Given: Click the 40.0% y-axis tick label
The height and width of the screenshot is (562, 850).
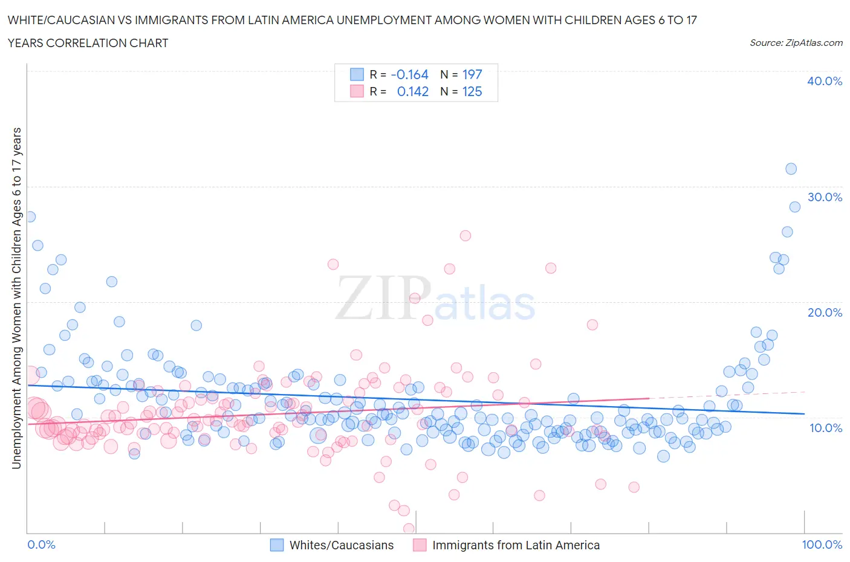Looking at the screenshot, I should click(x=824, y=81).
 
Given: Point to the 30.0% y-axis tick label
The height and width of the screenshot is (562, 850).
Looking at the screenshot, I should click(x=824, y=197).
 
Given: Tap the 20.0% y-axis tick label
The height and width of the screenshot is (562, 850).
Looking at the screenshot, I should click(x=824, y=312).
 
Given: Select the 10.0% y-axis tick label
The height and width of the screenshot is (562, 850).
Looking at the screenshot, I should click(x=824, y=428).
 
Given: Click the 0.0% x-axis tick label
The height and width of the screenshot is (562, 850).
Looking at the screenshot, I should click(x=42, y=544).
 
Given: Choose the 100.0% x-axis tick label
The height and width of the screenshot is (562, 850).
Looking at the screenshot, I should click(x=822, y=544).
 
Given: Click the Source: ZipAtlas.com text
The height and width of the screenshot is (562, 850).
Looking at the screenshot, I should click(x=796, y=42).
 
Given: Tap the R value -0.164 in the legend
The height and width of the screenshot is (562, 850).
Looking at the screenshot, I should click(x=409, y=74).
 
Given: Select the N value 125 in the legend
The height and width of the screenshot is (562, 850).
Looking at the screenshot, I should click(x=472, y=91).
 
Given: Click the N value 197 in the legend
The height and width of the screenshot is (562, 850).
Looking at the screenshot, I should click(x=472, y=74).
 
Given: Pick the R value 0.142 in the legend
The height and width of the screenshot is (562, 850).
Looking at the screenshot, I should click(x=412, y=91).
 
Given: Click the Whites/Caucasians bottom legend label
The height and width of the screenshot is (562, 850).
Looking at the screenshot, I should click(x=341, y=545).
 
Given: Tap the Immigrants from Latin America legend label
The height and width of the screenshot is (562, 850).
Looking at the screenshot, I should click(x=516, y=545).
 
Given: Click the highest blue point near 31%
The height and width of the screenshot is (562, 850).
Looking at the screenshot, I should click(x=791, y=169).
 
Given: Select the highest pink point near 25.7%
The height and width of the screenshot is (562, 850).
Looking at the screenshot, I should click(x=465, y=236).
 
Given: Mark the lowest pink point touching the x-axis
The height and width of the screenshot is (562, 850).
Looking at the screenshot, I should click(x=409, y=529).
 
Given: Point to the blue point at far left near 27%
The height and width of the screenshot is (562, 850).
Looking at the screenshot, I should click(x=30, y=216).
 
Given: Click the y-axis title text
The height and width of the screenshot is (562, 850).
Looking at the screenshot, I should click(x=16, y=298).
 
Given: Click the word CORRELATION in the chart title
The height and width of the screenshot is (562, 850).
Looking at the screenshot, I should click(x=87, y=43).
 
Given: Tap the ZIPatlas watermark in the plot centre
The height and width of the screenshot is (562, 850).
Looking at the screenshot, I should click(x=435, y=299).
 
